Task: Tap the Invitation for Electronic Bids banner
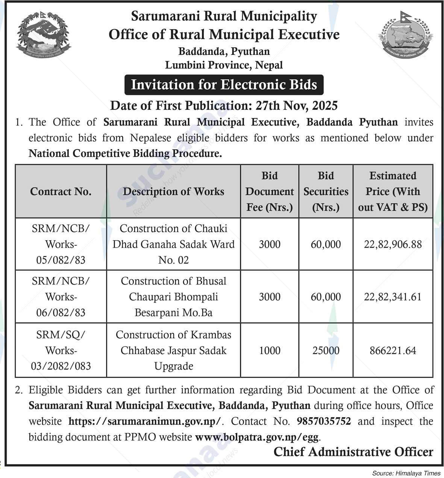pos(224,85)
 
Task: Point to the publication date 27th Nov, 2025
pos(296,106)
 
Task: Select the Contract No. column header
pos(61,192)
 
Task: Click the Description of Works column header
pos(173,192)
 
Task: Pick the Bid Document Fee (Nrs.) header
pos(270,192)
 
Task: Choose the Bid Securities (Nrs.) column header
pos(326,192)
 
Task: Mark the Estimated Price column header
pos(392,192)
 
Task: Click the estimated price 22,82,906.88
pos(392,245)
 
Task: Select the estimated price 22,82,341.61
pos(392,297)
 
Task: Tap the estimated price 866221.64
pos(392,351)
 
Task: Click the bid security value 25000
pos(326,351)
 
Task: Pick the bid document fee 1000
pos(270,351)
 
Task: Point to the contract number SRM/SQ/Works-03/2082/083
pos(61,350)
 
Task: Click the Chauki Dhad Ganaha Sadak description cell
pos(173,244)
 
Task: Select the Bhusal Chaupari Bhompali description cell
pos(173,297)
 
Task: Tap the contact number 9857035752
pos(324,421)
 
